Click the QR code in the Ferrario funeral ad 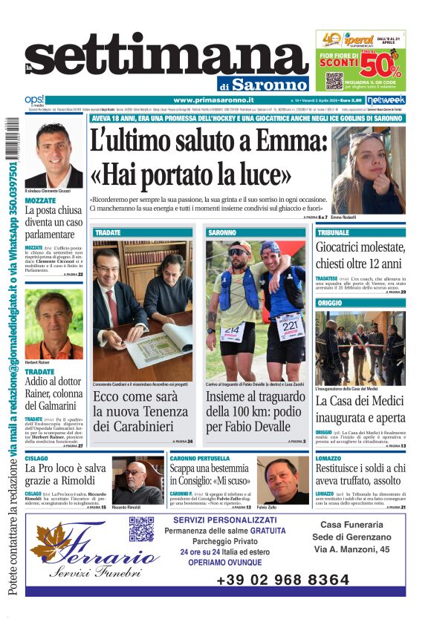coord(140,529)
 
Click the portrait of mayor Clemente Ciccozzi coord(54,155)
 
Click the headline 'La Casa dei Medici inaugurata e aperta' coord(360,410)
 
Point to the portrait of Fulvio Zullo coord(282,480)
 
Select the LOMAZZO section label coord(331,459)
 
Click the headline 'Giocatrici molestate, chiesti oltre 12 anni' coord(360,255)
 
